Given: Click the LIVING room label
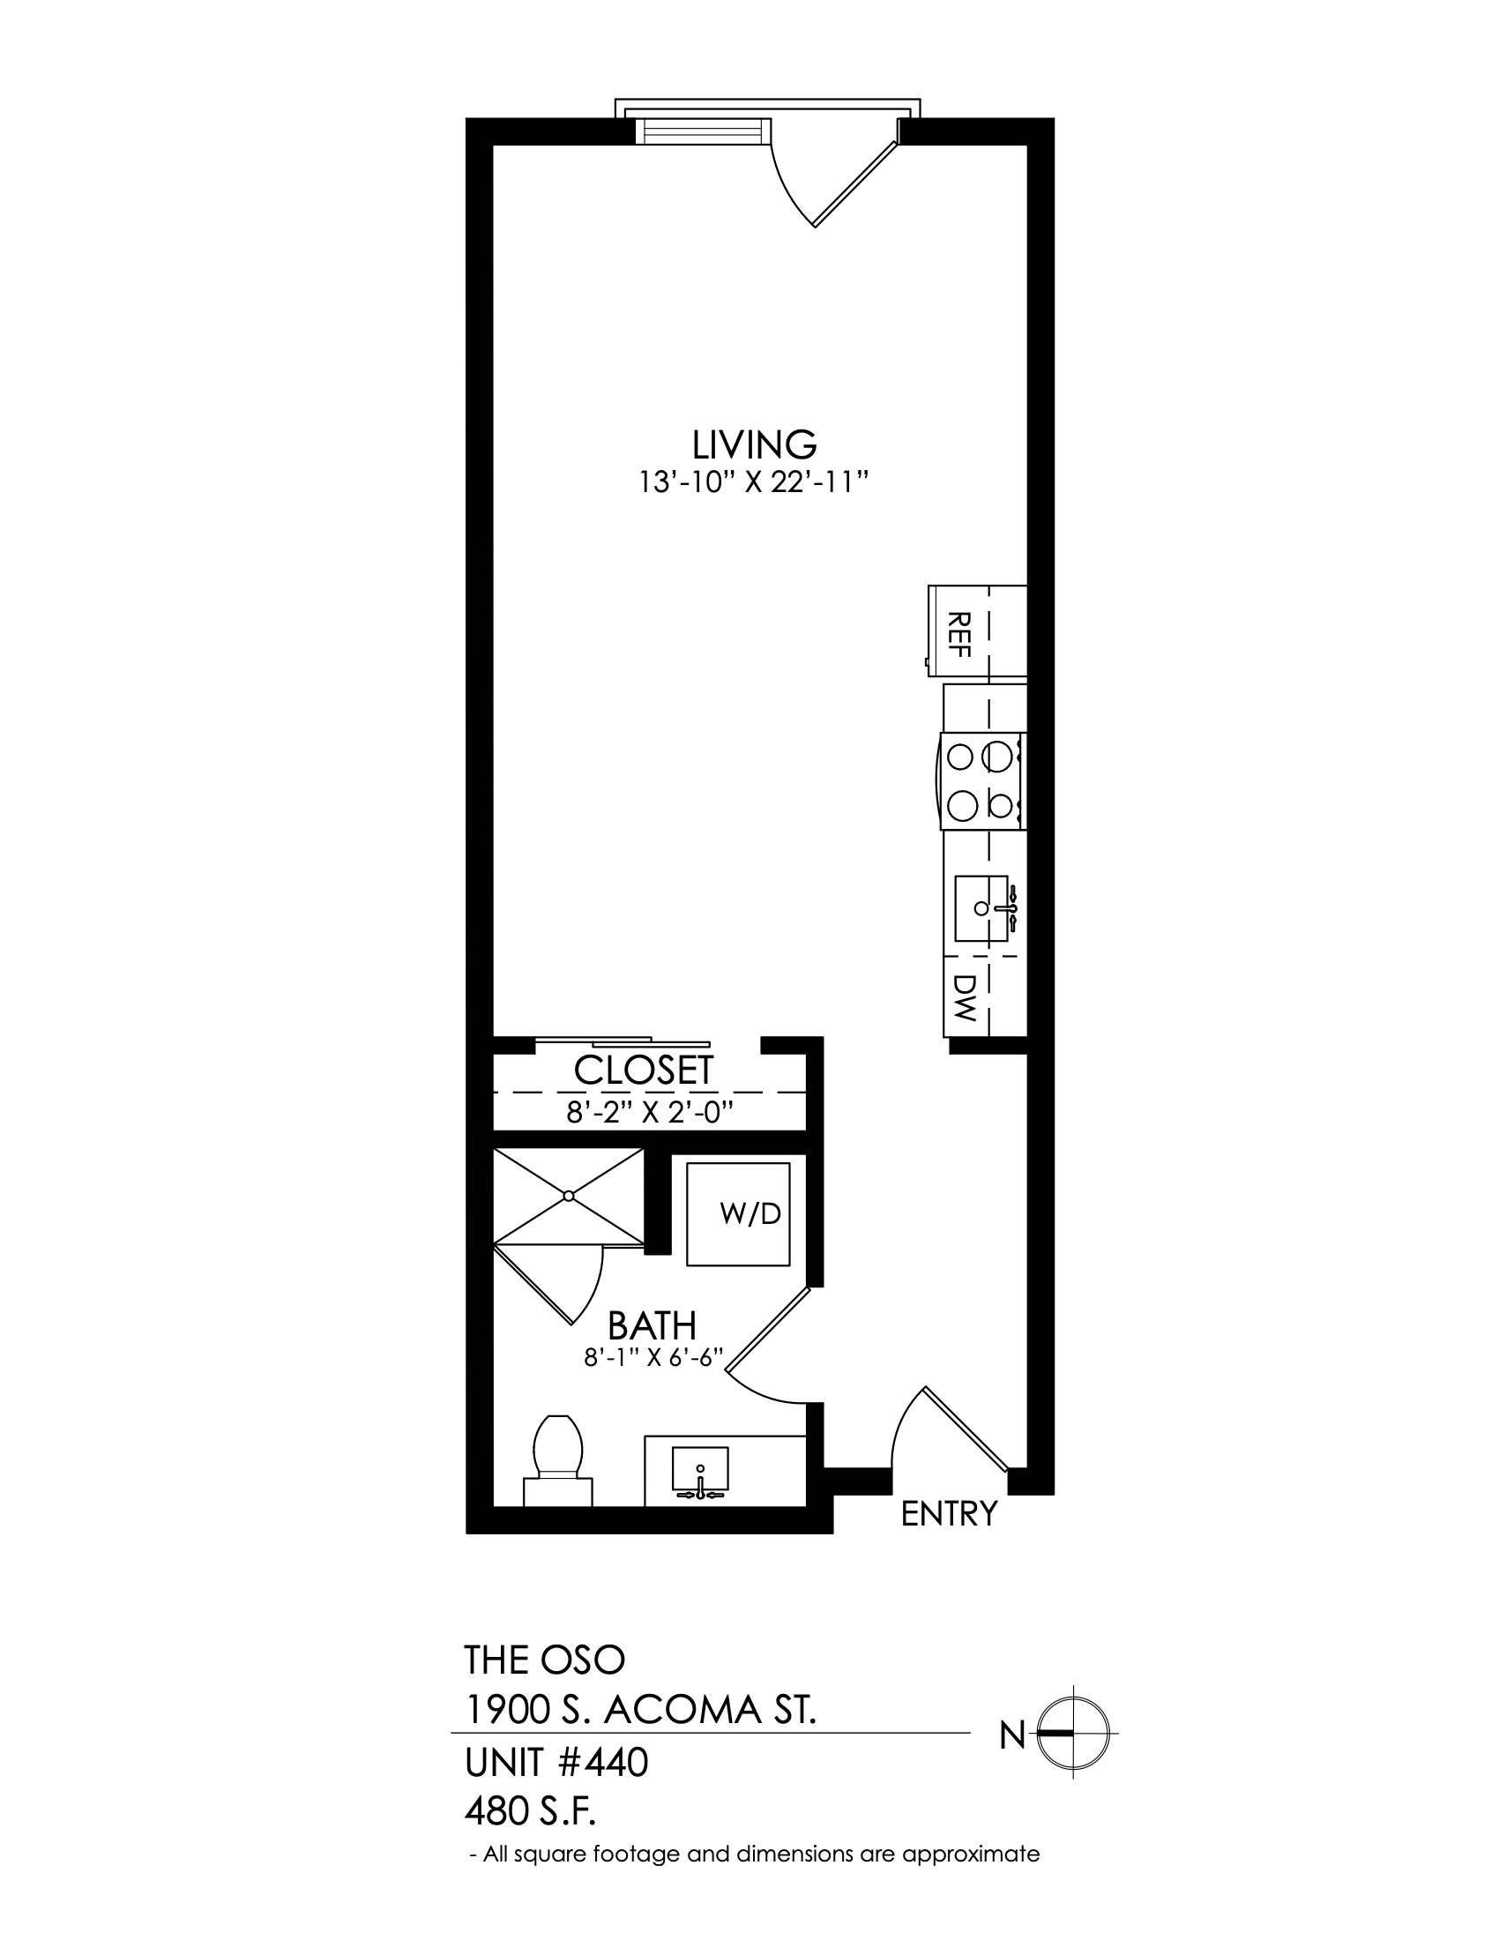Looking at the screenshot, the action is point(754,443).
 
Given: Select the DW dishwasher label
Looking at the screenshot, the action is point(965,997).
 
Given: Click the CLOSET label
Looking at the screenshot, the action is point(644,1071).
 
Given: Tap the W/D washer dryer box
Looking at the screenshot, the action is point(738,1214).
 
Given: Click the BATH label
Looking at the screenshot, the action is point(652,1326).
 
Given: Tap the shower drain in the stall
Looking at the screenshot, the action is point(570,1197).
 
